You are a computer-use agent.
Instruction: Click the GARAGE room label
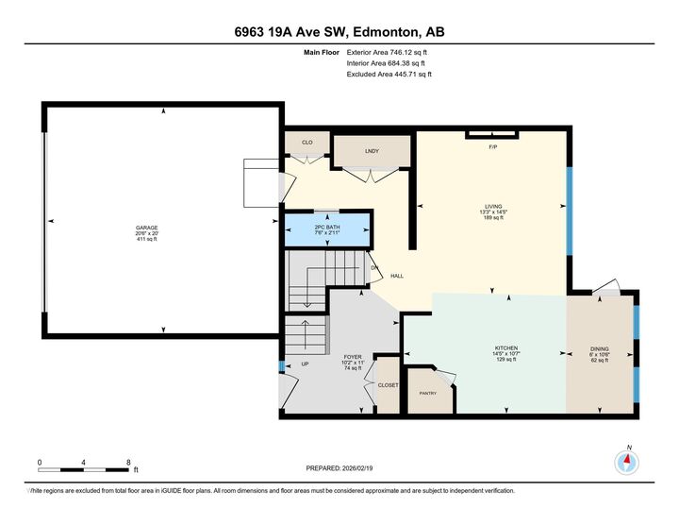click(147, 228)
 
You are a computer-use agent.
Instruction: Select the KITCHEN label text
click(506, 347)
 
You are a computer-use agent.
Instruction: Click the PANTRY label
click(427, 393)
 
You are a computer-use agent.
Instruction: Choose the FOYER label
click(352, 356)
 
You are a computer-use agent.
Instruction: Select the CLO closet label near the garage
click(306, 143)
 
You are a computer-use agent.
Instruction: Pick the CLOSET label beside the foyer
click(388, 385)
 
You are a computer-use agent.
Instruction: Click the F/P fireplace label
click(491, 148)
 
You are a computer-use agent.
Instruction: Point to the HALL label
click(398, 277)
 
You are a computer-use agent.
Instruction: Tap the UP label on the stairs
click(305, 364)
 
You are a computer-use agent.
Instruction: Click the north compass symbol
click(627, 461)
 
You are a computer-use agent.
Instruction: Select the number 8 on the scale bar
click(128, 462)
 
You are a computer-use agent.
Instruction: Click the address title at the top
click(339, 32)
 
